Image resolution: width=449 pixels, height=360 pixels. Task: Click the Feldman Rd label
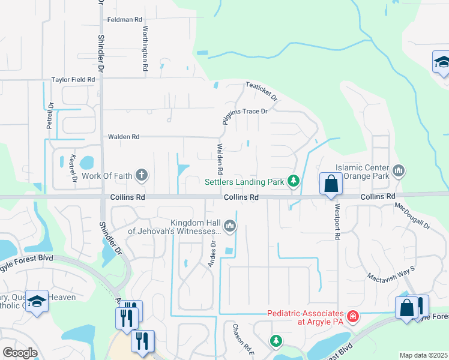124,20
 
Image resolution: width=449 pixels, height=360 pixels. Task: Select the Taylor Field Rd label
73,79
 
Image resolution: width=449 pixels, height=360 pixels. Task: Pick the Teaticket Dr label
262,92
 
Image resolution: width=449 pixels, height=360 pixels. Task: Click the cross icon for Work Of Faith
142,175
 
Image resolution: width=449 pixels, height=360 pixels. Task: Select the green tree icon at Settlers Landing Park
293,181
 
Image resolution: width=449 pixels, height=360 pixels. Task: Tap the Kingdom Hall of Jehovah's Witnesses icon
229,226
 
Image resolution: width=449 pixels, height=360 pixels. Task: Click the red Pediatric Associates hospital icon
353,316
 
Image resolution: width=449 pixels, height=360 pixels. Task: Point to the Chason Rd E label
237,340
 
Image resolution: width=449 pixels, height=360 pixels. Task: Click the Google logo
20,353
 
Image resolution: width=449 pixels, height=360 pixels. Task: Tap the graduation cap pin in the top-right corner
441,62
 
